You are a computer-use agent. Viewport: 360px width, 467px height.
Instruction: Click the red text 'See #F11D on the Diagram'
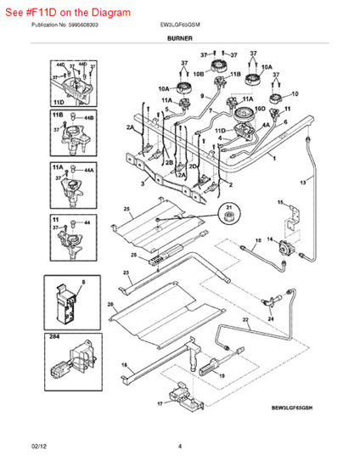pyautogui.click(x=68, y=13)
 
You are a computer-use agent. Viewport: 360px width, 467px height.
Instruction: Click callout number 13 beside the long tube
pyautogui.click(x=302, y=183)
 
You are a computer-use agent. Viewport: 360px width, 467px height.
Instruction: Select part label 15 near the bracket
pyautogui.click(x=280, y=203)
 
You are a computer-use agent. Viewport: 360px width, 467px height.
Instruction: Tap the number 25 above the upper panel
pyautogui.click(x=127, y=208)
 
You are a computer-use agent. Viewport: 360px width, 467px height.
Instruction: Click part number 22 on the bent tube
pyautogui.click(x=246, y=320)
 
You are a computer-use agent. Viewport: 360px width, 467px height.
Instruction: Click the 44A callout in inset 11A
pyautogui.click(x=88, y=171)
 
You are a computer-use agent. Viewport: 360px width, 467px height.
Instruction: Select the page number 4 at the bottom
pyautogui.click(x=180, y=446)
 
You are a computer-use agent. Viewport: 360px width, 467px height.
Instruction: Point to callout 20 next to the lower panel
pyautogui.click(x=110, y=304)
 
